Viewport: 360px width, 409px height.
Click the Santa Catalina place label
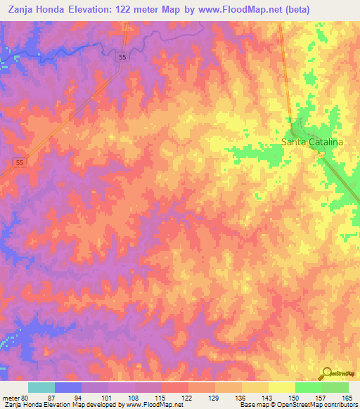(312, 142)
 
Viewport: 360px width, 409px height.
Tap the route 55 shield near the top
(123, 57)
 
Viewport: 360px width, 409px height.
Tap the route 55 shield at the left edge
(20, 162)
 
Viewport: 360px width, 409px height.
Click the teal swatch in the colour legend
(41, 387)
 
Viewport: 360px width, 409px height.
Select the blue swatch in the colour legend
(68, 387)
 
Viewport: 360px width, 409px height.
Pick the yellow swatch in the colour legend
(281, 387)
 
